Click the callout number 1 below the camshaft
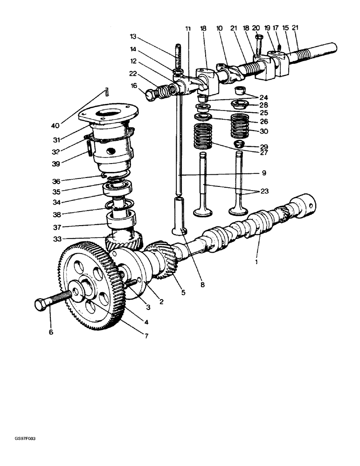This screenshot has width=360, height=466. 256,262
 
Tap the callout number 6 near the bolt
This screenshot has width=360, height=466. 51,332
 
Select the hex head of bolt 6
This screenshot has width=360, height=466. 42,305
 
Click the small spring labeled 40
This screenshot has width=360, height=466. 106,92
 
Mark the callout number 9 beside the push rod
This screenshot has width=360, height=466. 263,173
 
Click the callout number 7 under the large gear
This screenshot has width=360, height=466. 146,336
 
